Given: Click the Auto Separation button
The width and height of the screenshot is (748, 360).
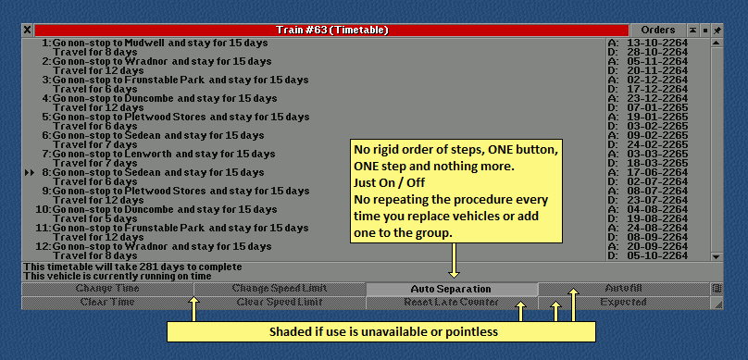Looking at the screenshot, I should (x=451, y=289).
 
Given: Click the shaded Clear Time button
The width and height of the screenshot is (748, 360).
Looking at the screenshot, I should (x=106, y=303).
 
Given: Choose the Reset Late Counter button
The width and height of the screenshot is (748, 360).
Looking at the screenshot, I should (x=451, y=303).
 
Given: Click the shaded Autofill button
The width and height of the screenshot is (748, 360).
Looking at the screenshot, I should (x=623, y=289).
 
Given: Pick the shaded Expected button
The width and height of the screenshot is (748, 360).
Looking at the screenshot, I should (x=623, y=303).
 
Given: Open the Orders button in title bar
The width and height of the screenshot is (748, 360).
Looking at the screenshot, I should (x=657, y=30).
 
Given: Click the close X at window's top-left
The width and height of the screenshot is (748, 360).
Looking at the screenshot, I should (x=27, y=30).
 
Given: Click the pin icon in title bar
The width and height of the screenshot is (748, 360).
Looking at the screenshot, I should (x=717, y=30).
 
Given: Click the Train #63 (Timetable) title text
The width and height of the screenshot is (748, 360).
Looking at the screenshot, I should (x=332, y=30).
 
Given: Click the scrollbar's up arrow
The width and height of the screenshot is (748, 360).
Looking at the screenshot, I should (x=716, y=43).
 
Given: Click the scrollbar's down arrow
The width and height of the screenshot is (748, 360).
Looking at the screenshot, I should (x=716, y=256).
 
